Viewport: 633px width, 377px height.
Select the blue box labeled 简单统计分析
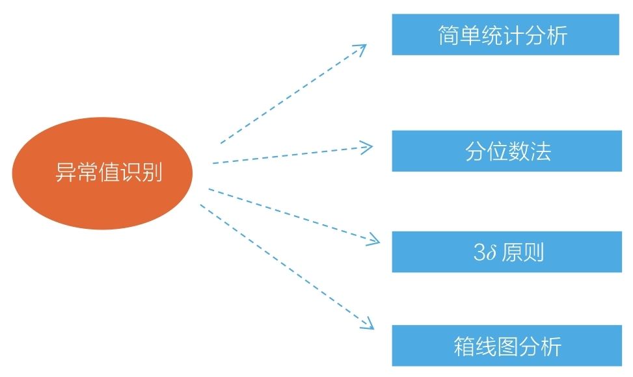pos(505,34)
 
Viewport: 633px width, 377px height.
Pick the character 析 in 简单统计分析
pos(557,35)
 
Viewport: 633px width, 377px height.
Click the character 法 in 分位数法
pos(541,151)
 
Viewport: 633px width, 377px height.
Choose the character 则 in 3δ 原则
pos(533,252)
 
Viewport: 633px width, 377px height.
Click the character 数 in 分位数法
pos(519,151)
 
